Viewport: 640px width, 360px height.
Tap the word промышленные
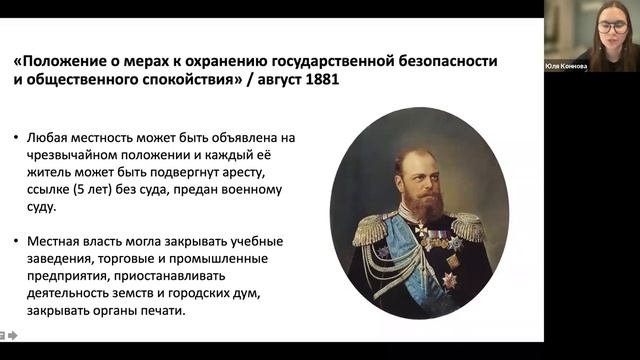click(230, 261)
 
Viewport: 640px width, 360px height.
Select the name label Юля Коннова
click(566, 66)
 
